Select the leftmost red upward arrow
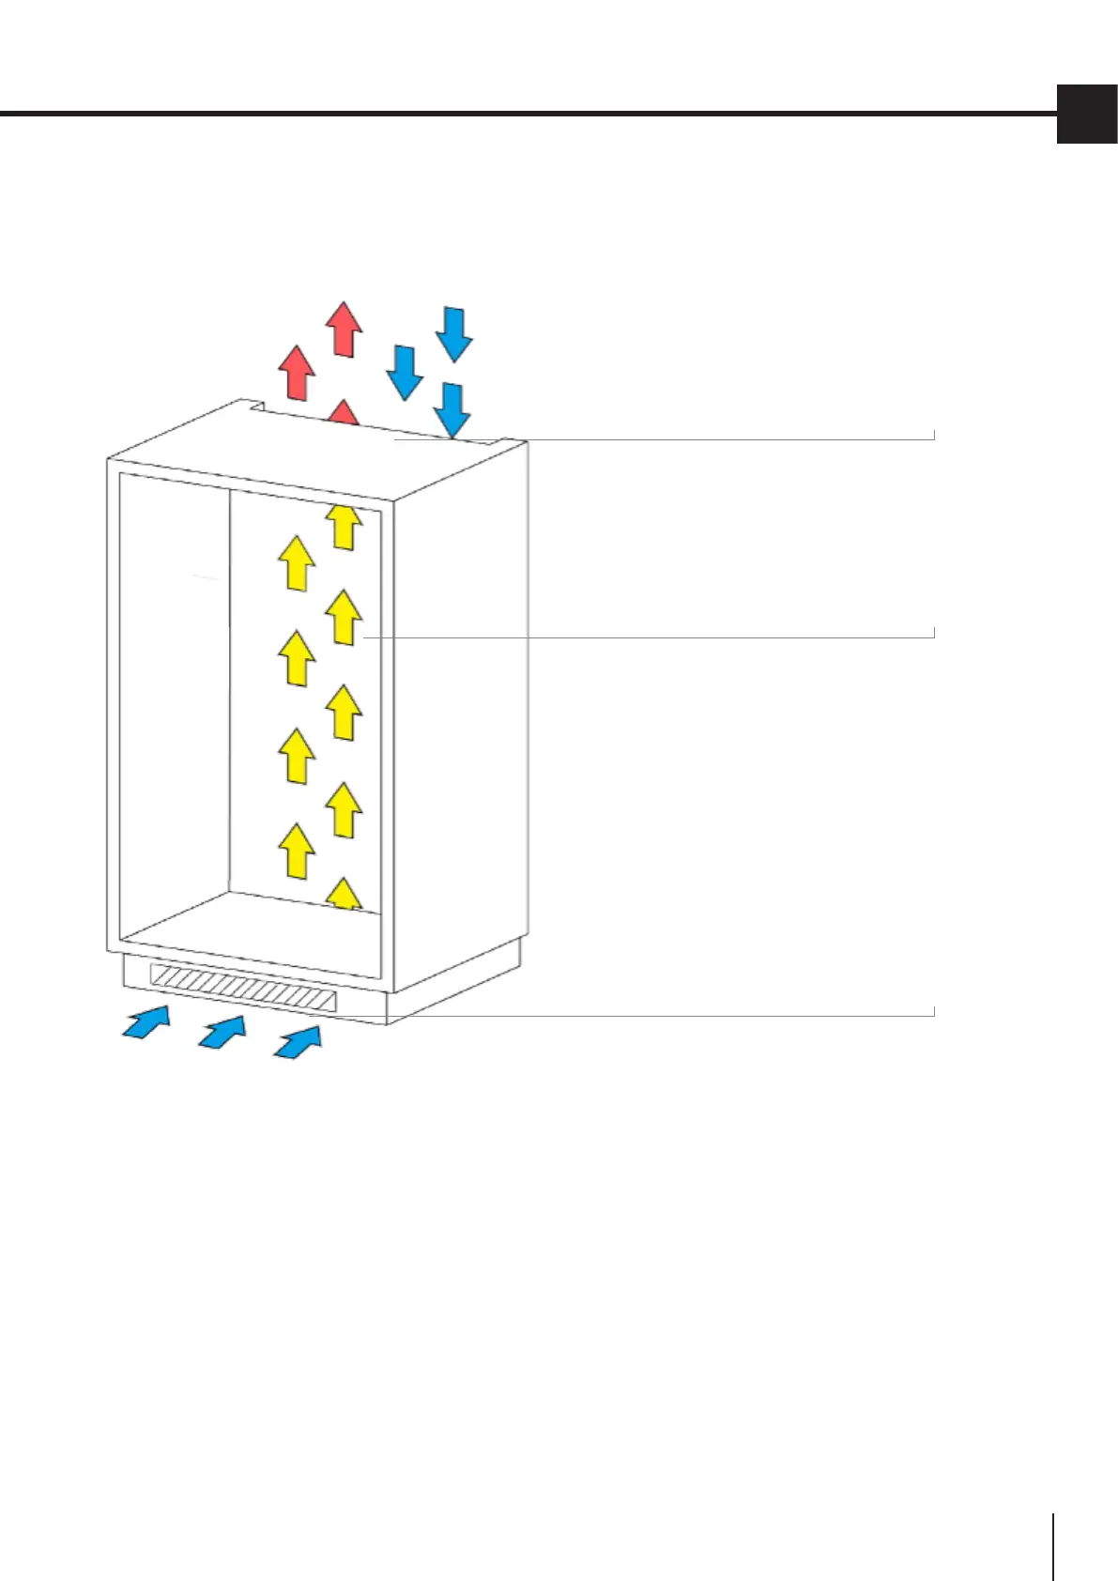tap(299, 372)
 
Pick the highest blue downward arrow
tap(454, 334)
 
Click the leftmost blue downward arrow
tap(406, 373)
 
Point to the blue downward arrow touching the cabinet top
tap(453, 410)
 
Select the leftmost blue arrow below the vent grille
tap(147, 1021)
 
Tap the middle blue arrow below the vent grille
tap(222, 1032)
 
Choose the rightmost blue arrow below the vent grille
tap(298, 1042)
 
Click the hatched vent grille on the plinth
tap(243, 988)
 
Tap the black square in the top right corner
tap(1087, 114)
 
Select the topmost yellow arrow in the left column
tap(298, 563)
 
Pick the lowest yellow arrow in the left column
tap(298, 851)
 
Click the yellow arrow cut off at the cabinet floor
tap(345, 894)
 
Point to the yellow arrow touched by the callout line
tap(345, 617)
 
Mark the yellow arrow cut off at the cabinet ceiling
tap(345, 527)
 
